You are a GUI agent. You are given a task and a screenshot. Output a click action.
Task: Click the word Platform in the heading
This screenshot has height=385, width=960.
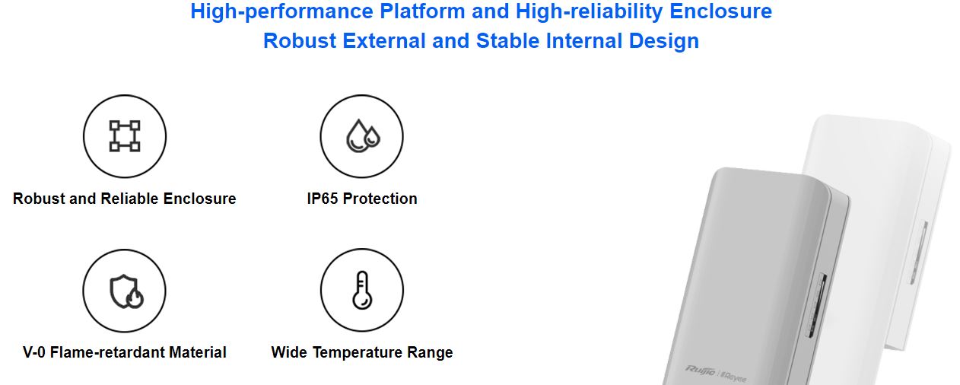tap(422, 11)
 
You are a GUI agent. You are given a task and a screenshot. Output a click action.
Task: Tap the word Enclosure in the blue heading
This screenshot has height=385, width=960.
tap(720, 11)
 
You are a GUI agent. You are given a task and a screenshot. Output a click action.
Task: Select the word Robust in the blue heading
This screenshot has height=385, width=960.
tap(300, 41)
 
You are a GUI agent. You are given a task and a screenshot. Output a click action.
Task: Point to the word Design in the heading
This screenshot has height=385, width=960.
tap(663, 42)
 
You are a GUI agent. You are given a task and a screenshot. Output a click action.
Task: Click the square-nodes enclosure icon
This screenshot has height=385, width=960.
tap(125, 136)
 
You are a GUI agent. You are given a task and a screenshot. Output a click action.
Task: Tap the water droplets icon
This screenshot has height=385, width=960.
tap(363, 135)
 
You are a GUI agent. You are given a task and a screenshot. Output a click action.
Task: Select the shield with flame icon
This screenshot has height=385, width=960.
tap(126, 291)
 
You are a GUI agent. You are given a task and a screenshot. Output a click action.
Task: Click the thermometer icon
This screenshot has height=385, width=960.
tap(362, 290)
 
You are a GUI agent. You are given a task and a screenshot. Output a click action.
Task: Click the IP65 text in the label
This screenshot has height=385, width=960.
tap(322, 199)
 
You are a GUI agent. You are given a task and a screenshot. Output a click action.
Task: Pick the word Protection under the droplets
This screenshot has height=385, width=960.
tap(380, 199)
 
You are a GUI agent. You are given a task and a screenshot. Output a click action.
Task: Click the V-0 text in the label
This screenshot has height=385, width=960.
tap(34, 352)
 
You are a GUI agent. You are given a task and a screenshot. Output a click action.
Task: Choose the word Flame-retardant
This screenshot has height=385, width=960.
tap(107, 352)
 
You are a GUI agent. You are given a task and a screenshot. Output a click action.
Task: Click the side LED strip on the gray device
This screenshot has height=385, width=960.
tap(816, 305)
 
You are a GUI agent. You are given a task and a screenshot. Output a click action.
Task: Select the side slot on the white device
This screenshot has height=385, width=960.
tap(919, 252)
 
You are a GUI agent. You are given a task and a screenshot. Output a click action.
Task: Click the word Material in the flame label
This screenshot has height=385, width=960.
tap(198, 352)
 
